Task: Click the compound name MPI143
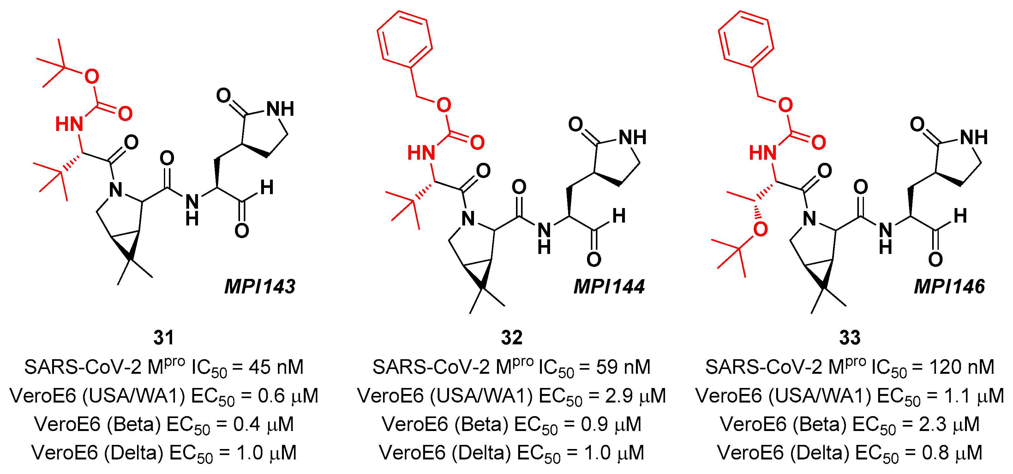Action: pyautogui.click(x=260, y=286)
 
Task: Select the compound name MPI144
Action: pyautogui.click(x=609, y=286)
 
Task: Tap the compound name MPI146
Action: pyautogui.click(x=949, y=286)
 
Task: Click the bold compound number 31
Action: pyautogui.click(x=164, y=338)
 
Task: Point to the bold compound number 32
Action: pyautogui.click(x=512, y=338)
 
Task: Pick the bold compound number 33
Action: pyautogui.click(x=850, y=338)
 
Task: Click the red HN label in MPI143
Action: pyautogui.click(x=69, y=124)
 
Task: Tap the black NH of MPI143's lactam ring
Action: pyautogui.click(x=280, y=109)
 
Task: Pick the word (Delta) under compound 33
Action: pyautogui.click(x=822, y=453)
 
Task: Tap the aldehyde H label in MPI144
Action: pyautogui.click(x=619, y=216)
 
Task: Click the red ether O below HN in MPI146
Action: pyautogui.click(x=760, y=229)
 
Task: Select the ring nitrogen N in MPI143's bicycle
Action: pyautogui.click(x=116, y=190)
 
